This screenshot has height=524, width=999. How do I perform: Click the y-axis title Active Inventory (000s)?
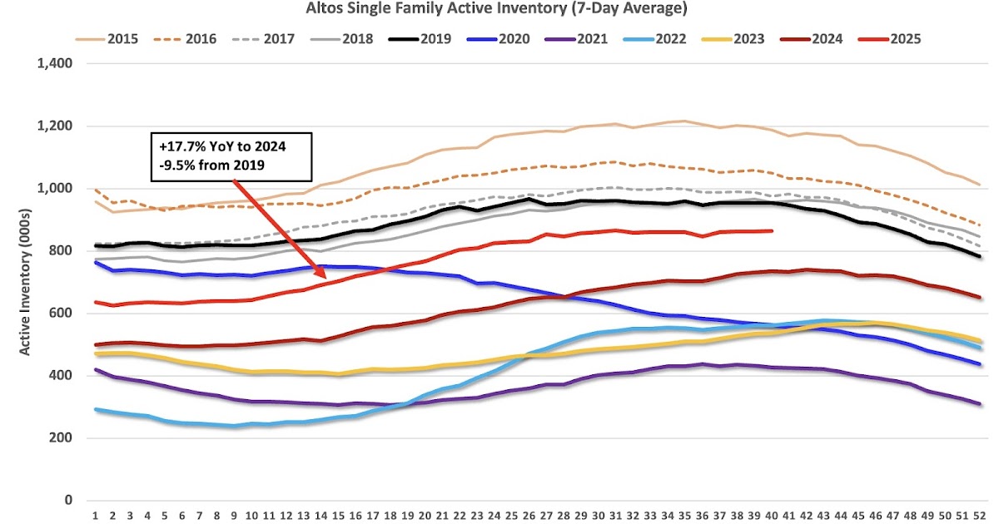coord(25,283)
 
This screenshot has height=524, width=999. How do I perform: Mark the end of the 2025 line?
coord(772,231)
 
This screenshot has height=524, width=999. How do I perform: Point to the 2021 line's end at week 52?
coord(980,403)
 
